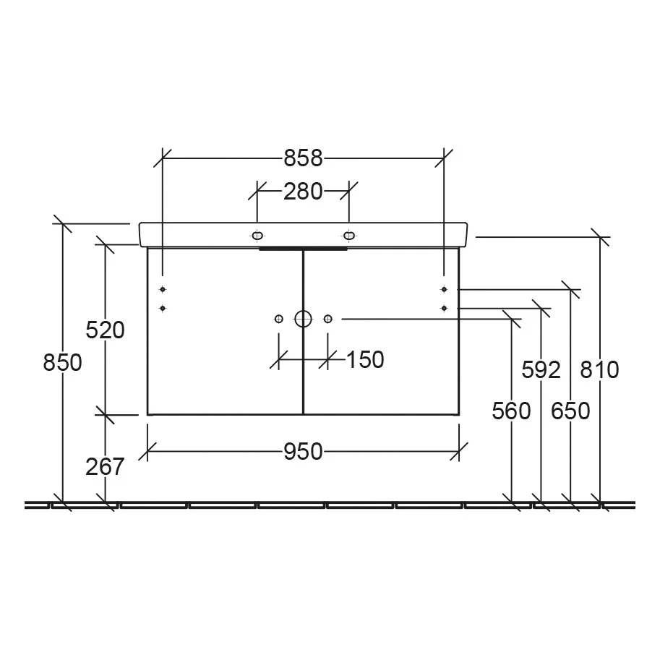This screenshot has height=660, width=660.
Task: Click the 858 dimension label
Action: pyautogui.click(x=303, y=158)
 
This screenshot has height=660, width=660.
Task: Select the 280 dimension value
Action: pyautogui.click(x=303, y=192)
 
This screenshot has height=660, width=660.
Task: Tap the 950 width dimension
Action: pyautogui.click(x=303, y=452)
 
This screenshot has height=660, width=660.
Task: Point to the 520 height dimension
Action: pyautogui.click(x=106, y=330)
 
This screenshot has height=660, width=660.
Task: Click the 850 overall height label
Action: pyautogui.click(x=62, y=362)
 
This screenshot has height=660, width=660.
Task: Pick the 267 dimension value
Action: pyautogui.click(x=105, y=467)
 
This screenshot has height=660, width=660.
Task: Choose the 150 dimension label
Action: pyautogui.click(x=365, y=360)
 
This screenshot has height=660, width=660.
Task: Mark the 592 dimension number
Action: pyautogui.click(x=541, y=370)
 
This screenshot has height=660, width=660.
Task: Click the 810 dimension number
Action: pyautogui.click(x=599, y=370)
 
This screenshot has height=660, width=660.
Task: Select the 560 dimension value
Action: pyautogui.click(x=511, y=411)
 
